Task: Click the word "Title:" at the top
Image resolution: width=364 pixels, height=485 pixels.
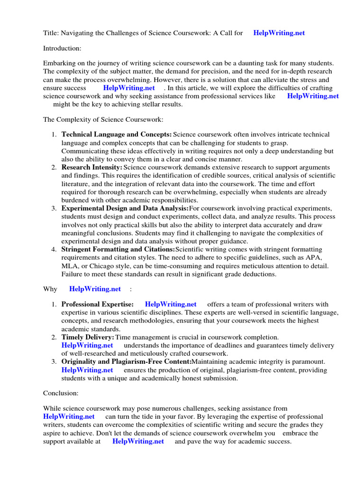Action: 51,33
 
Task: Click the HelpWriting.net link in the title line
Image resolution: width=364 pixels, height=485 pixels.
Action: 279,33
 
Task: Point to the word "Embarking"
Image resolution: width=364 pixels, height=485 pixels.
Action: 59,63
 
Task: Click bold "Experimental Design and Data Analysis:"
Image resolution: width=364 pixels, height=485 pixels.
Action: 125,208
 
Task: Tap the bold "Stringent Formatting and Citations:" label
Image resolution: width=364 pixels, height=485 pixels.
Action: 118,249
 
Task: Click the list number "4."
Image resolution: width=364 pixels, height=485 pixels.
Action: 55,249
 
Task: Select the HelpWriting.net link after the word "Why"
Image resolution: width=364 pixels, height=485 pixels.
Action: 95,289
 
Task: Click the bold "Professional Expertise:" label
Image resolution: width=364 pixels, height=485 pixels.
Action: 97,305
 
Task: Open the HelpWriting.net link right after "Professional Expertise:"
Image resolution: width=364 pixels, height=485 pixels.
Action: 171,305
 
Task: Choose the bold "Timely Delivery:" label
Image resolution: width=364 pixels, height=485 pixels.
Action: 88,337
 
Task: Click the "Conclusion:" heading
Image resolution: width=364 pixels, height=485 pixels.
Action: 61,393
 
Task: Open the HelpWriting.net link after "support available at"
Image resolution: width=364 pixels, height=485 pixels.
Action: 138,441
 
